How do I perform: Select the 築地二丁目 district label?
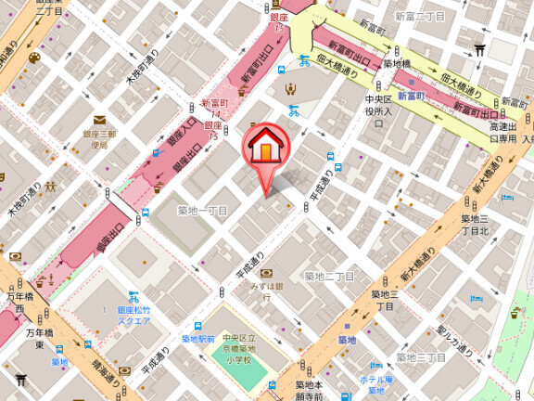coord(330,276)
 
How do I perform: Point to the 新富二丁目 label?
coord(419,17)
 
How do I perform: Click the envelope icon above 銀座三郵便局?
coord(99,119)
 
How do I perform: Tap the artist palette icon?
coord(34,58)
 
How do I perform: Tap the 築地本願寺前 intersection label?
coord(309,390)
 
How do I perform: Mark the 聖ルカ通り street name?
coord(455,341)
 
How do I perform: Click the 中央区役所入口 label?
coord(379,105)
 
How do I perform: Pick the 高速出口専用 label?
coord(505,132)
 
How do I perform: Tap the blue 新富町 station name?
coord(410,95)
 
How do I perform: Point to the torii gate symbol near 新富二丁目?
coord(479,50)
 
